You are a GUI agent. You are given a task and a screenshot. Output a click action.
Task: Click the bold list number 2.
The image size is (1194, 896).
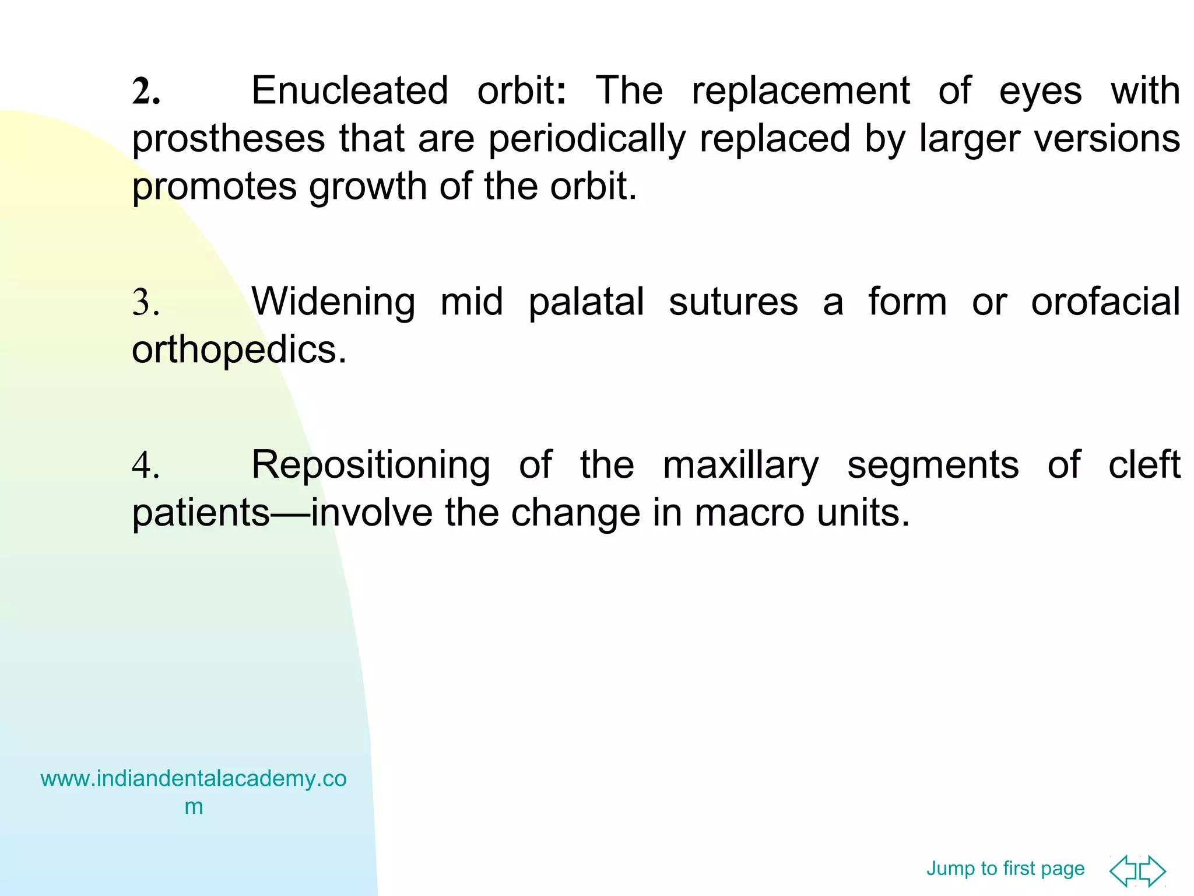pyautogui.click(x=146, y=92)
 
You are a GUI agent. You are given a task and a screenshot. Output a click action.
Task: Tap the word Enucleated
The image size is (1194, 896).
pyautogui.click(x=350, y=92)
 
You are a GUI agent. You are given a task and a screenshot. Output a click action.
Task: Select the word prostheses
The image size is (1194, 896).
pyautogui.click(x=229, y=140)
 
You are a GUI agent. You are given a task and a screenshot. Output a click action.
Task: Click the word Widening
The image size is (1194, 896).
pyautogui.click(x=333, y=303)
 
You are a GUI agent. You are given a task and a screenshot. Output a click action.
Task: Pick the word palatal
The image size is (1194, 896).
pyautogui.click(x=586, y=303)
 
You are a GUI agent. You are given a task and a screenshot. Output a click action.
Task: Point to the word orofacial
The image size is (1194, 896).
pyautogui.click(x=1105, y=303)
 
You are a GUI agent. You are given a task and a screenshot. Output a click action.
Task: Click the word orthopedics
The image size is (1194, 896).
pyautogui.click(x=239, y=351)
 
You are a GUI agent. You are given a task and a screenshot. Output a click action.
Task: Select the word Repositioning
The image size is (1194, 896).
pyautogui.click(x=371, y=466)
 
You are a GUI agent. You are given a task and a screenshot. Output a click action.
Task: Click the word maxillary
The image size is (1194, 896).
pyautogui.click(x=741, y=466)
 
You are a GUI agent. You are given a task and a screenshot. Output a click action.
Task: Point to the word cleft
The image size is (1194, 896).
pyautogui.click(x=1144, y=466)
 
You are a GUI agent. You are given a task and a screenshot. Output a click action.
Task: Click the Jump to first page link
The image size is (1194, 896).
pyautogui.click(x=1005, y=869)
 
